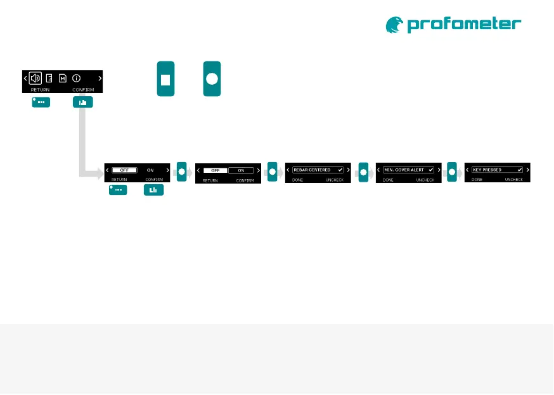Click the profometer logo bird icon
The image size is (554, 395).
[394, 25]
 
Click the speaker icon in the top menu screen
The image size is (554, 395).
[35, 78]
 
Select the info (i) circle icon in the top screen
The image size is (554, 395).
[75, 78]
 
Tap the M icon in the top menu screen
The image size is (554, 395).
[62, 78]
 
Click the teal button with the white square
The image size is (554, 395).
[165, 79]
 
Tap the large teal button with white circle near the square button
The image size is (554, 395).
[212, 79]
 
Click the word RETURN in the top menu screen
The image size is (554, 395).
[40, 90]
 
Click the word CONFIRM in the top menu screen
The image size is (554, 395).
[83, 90]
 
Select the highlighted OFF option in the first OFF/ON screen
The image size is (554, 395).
[124, 170]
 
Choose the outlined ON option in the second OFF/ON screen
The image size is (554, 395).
[241, 170]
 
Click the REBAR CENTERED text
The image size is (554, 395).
[312, 170]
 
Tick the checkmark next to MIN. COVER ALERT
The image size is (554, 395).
[431, 170]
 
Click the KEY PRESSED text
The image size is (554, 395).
[487, 170]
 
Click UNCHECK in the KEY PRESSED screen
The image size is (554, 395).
[513, 180]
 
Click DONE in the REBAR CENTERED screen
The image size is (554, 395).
[297, 180]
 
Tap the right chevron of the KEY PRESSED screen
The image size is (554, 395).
[528, 170]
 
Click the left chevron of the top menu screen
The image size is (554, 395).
[25, 78]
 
